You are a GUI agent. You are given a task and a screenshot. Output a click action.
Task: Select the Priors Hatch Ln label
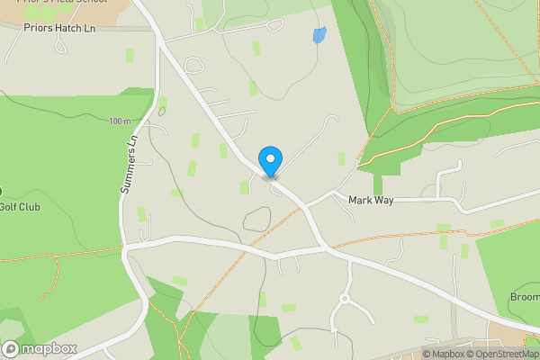60,28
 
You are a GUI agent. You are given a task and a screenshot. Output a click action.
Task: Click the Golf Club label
19,207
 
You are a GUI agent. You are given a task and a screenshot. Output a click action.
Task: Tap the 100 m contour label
119,121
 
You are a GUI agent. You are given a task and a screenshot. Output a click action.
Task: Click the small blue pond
319,35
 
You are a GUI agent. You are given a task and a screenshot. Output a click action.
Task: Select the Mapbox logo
40,348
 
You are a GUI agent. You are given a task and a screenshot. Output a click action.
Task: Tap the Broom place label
525,297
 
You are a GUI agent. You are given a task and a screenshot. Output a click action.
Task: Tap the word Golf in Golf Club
8,207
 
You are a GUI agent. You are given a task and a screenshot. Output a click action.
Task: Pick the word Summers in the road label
128,175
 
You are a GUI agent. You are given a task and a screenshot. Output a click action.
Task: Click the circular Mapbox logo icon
11,348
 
